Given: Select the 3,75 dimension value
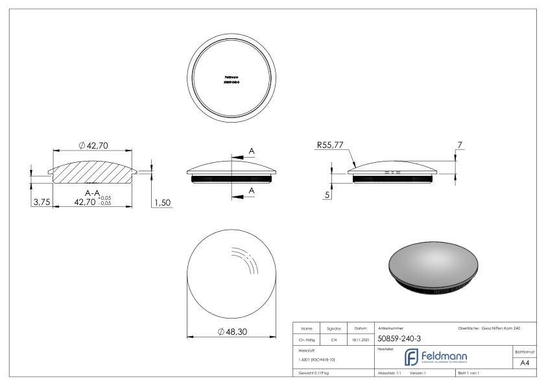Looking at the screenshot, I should (41, 202).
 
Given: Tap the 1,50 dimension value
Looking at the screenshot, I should (161, 202).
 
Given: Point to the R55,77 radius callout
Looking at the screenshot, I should (330, 146).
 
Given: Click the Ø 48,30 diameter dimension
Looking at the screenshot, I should (231, 332).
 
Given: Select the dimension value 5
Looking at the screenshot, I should (327, 195).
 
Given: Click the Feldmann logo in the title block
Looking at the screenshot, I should (435, 357).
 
